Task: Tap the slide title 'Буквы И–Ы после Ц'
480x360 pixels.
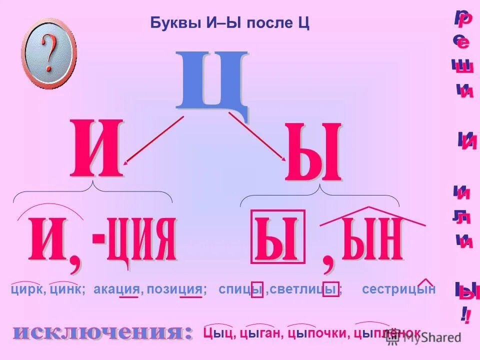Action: coord(229,23)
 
